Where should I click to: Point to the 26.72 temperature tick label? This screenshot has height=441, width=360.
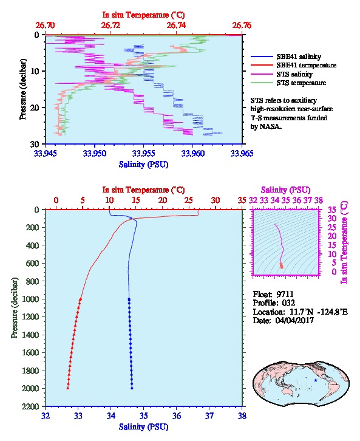(x=110, y=26)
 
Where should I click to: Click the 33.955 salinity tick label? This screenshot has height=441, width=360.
(x=144, y=153)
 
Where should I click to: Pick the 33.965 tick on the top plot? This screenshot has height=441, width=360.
(x=242, y=153)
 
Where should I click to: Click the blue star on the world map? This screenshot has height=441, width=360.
(x=316, y=380)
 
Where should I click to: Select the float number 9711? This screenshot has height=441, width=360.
(x=285, y=294)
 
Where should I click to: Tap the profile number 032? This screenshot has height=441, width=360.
(x=288, y=303)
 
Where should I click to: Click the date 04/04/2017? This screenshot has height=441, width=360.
(x=294, y=320)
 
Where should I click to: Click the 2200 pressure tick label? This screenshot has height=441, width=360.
(x=30, y=406)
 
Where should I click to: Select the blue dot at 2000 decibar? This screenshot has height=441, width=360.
(x=132, y=388)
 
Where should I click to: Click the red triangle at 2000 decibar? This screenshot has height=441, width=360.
(x=68, y=388)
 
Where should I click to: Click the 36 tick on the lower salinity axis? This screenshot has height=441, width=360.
(x=177, y=415)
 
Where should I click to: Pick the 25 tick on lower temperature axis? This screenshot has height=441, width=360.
(x=189, y=200)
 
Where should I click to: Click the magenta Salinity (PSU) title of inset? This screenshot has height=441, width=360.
(x=285, y=190)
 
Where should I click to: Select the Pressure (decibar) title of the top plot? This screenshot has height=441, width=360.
(x=23, y=89)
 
